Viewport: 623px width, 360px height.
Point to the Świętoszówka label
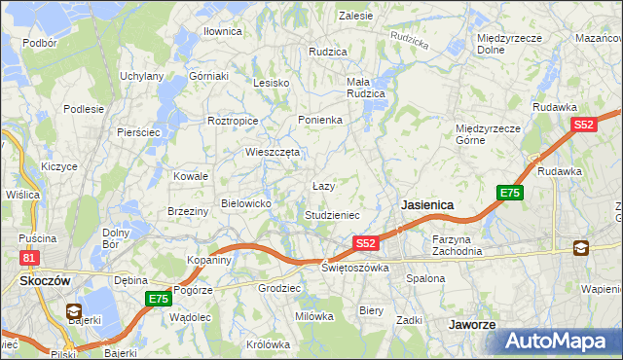coord(355,268)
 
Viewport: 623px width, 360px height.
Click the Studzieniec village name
coord(333,214)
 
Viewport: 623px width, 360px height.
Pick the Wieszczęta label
coord(273,152)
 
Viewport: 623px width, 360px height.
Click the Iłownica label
coord(222,31)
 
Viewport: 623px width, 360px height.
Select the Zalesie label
coord(355,16)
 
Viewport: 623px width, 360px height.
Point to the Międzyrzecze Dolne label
coord(503,44)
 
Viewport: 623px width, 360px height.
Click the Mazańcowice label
coord(599,37)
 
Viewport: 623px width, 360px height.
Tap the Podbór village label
coord(39,43)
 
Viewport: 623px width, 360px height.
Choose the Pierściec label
coord(137,131)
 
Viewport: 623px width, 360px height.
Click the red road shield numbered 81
coord(29,257)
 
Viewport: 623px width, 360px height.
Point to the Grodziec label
coord(277,289)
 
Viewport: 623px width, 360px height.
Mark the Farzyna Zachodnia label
coord(458,244)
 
